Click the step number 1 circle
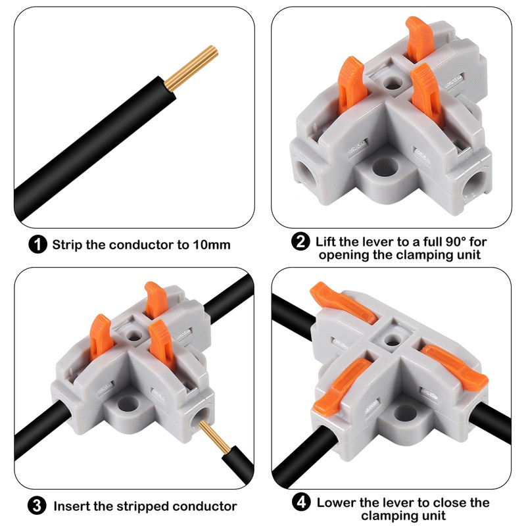(37, 244)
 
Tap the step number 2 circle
(300, 241)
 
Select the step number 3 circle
(37, 505)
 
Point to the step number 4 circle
(301, 502)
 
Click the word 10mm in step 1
(212, 245)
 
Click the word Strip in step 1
(67, 245)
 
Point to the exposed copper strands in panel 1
(191, 68)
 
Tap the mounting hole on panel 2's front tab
(385, 168)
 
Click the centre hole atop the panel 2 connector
(393, 84)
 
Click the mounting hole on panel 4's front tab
(405, 413)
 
